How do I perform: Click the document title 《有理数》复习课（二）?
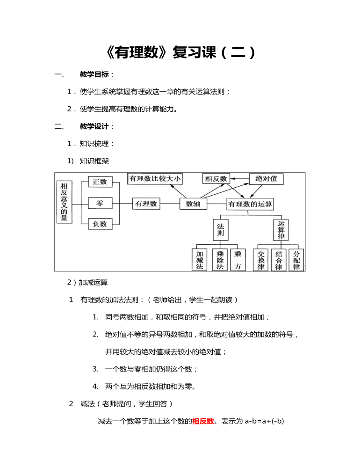pyautogui.click(x=180, y=52)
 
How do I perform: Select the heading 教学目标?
pyautogui.click(x=94, y=74)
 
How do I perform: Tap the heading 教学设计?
pyautogui.click(x=94, y=126)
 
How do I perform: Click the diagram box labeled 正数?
pyautogui.click(x=100, y=182)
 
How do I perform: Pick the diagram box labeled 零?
pyautogui.click(x=100, y=204)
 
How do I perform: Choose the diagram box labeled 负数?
pyautogui.click(x=100, y=224)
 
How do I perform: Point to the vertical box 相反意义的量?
pyautogui.click(x=65, y=202)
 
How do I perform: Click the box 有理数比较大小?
pyautogui.click(x=155, y=178)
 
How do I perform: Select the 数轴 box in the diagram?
pyautogui.click(x=193, y=204)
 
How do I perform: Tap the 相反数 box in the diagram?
pyautogui.click(x=216, y=179)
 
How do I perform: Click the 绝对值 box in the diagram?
pyautogui.click(x=266, y=179)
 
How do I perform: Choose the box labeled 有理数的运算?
pyautogui.click(x=250, y=204)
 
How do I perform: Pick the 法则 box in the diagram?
pyautogui.click(x=221, y=230)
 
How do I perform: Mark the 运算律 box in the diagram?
pyautogui.click(x=281, y=230)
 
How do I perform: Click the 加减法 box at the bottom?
pyautogui.click(x=200, y=260)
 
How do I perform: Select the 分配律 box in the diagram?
pyautogui.click(x=296, y=260)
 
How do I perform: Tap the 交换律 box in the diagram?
pyautogui.click(x=261, y=260)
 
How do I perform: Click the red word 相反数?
pyautogui.click(x=203, y=421)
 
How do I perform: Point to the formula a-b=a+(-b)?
pyautogui.click(x=264, y=421)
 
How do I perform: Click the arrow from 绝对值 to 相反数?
pyautogui.click(x=239, y=178)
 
